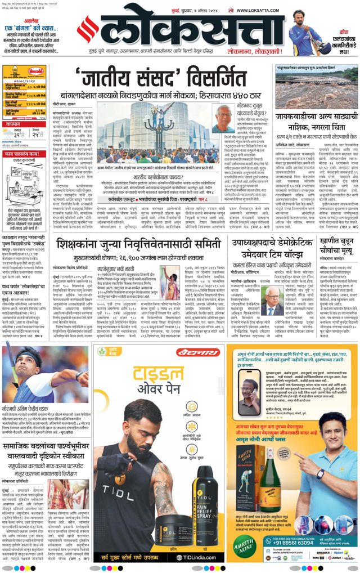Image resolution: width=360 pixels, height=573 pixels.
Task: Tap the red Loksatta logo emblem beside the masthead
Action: point(88,30)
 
